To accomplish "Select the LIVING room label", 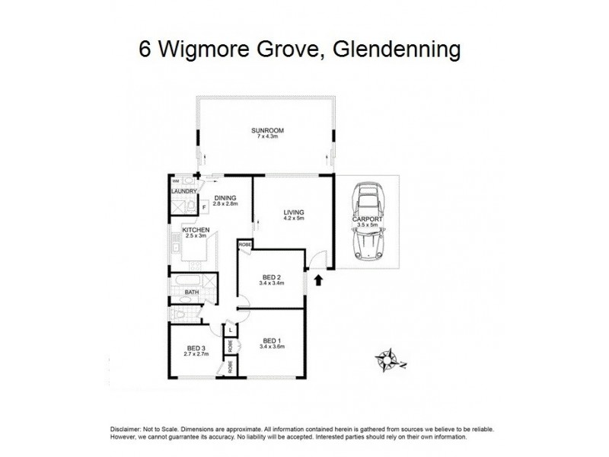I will pyautogui.click(x=293, y=212).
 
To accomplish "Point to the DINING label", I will pyautogui.click(x=225, y=197).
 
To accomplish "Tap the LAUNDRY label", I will pyautogui.click(x=184, y=191).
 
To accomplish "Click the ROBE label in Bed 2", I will pyautogui.click(x=244, y=244).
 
